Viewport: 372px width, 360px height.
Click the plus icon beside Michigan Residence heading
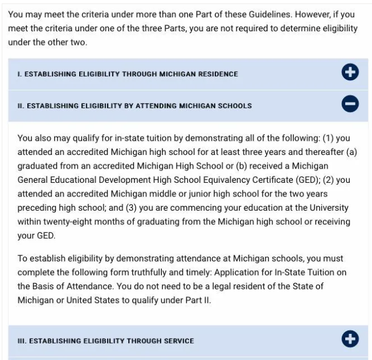click(x=350, y=73)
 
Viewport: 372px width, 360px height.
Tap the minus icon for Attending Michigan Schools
click(x=350, y=105)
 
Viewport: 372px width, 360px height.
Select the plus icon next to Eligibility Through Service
click(x=350, y=340)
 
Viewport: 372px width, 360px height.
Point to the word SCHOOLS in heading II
click(x=234, y=106)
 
